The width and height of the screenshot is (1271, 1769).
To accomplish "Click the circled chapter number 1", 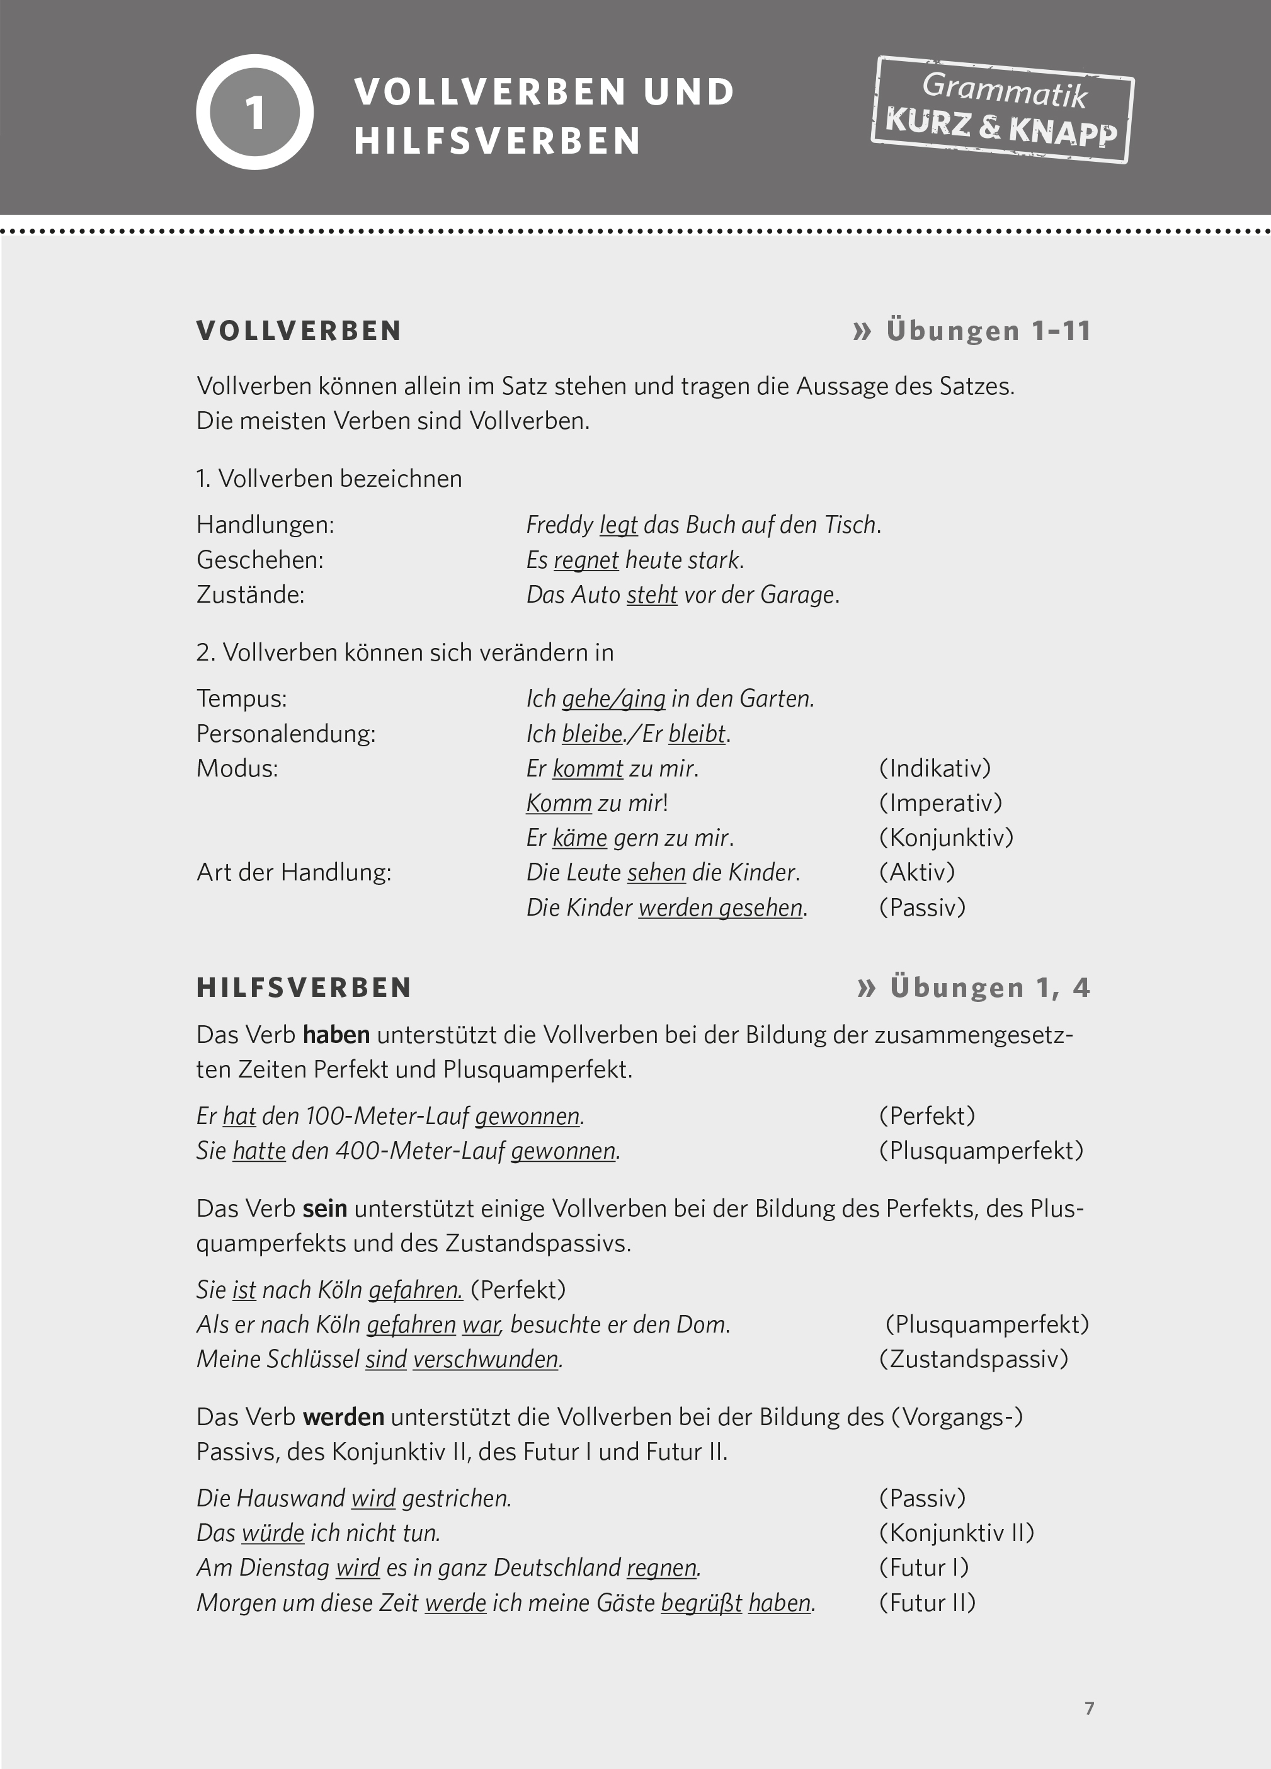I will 254,112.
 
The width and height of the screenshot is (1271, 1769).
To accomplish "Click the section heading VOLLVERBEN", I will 299,331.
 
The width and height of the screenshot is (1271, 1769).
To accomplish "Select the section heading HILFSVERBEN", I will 304,987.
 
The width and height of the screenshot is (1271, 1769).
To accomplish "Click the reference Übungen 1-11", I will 972,331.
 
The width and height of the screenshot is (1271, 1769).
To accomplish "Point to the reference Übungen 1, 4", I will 974,987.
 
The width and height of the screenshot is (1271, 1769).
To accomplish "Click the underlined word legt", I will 618,525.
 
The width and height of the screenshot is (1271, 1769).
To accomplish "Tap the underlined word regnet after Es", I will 586,560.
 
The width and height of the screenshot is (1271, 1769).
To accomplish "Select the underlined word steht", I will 651,595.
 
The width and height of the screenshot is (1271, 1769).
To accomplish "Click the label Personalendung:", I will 285,734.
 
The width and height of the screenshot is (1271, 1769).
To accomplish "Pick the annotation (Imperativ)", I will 940,802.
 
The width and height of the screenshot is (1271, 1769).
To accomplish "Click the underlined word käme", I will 579,838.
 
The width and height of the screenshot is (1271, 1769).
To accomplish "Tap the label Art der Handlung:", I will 294,872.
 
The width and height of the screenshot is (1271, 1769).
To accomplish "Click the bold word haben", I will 336,1035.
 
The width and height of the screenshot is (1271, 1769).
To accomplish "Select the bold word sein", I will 324,1208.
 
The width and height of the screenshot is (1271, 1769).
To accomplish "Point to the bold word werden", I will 343,1416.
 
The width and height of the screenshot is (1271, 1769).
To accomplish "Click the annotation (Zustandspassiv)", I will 973,1359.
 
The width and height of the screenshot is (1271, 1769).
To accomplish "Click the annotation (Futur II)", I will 927,1602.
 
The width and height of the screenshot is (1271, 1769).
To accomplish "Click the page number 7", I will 1089,1708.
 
